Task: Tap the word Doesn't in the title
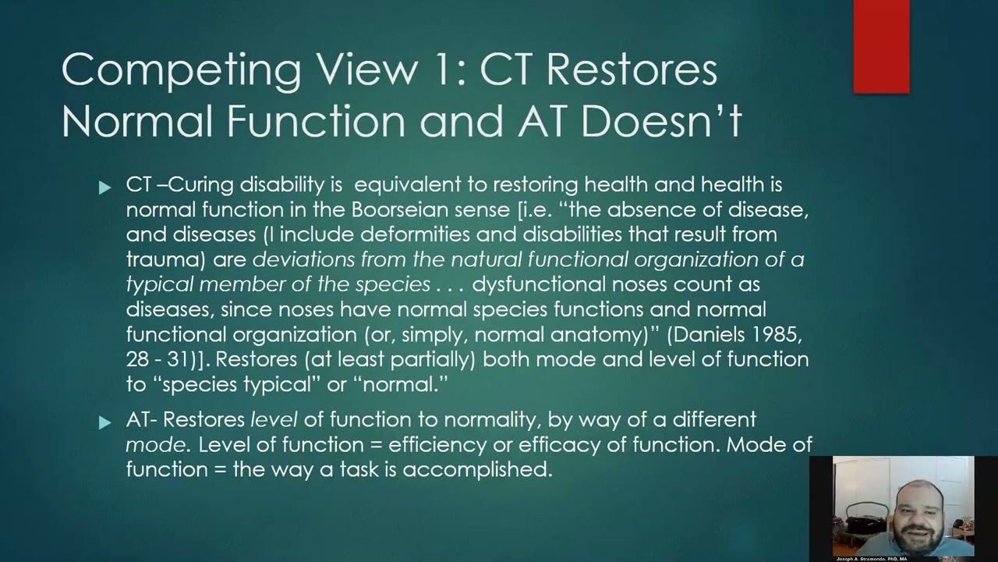pos(661,121)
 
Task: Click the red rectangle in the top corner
pos(881,47)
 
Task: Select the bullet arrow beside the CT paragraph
pos(105,187)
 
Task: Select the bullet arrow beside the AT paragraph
pos(105,422)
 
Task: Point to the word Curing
pos(201,184)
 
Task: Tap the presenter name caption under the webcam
pos(871,559)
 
